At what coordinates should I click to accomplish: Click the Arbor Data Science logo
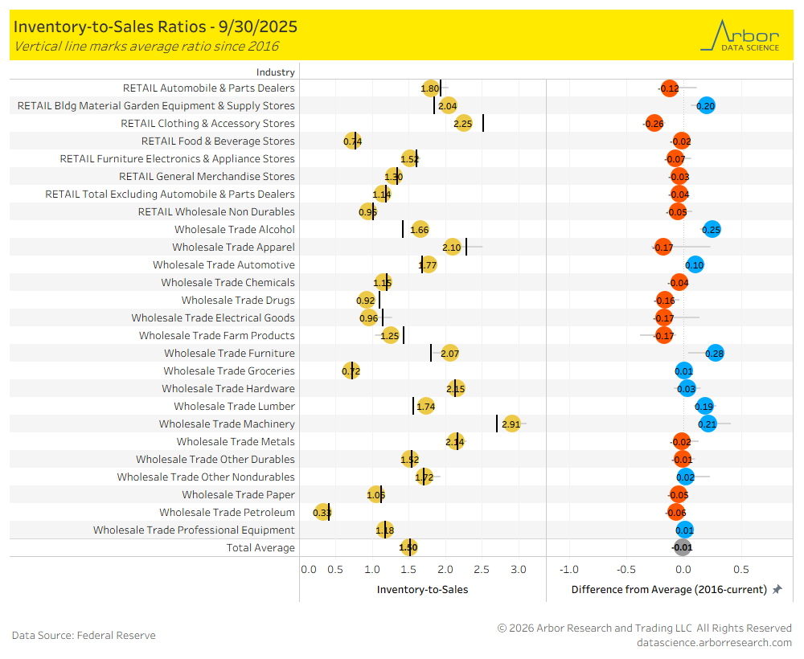[740, 35]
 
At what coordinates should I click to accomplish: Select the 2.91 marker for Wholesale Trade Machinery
[511, 424]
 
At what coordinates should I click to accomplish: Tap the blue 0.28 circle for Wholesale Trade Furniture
[714, 353]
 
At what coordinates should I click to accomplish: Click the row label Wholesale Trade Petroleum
[227, 512]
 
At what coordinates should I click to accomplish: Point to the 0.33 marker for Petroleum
[322, 512]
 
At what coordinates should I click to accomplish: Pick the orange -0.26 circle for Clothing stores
[654, 123]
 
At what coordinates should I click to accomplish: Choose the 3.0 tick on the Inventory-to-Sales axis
[519, 570]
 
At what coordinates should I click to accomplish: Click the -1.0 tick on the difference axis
[568, 570]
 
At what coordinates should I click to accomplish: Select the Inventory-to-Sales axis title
[422, 589]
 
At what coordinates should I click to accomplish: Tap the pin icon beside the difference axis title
[777, 589]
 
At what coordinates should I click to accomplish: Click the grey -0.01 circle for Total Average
[683, 547]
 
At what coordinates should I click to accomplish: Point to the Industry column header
[276, 72]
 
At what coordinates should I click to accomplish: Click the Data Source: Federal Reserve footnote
[84, 635]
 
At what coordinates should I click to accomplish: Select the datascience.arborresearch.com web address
[714, 642]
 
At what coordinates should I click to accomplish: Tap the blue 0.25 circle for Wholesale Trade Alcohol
[712, 229]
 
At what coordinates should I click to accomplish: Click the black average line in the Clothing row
[483, 123]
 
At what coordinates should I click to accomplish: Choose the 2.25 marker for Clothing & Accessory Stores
[463, 123]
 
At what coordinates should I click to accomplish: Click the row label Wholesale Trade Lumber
[234, 406]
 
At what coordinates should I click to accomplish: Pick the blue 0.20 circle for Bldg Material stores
[706, 105]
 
